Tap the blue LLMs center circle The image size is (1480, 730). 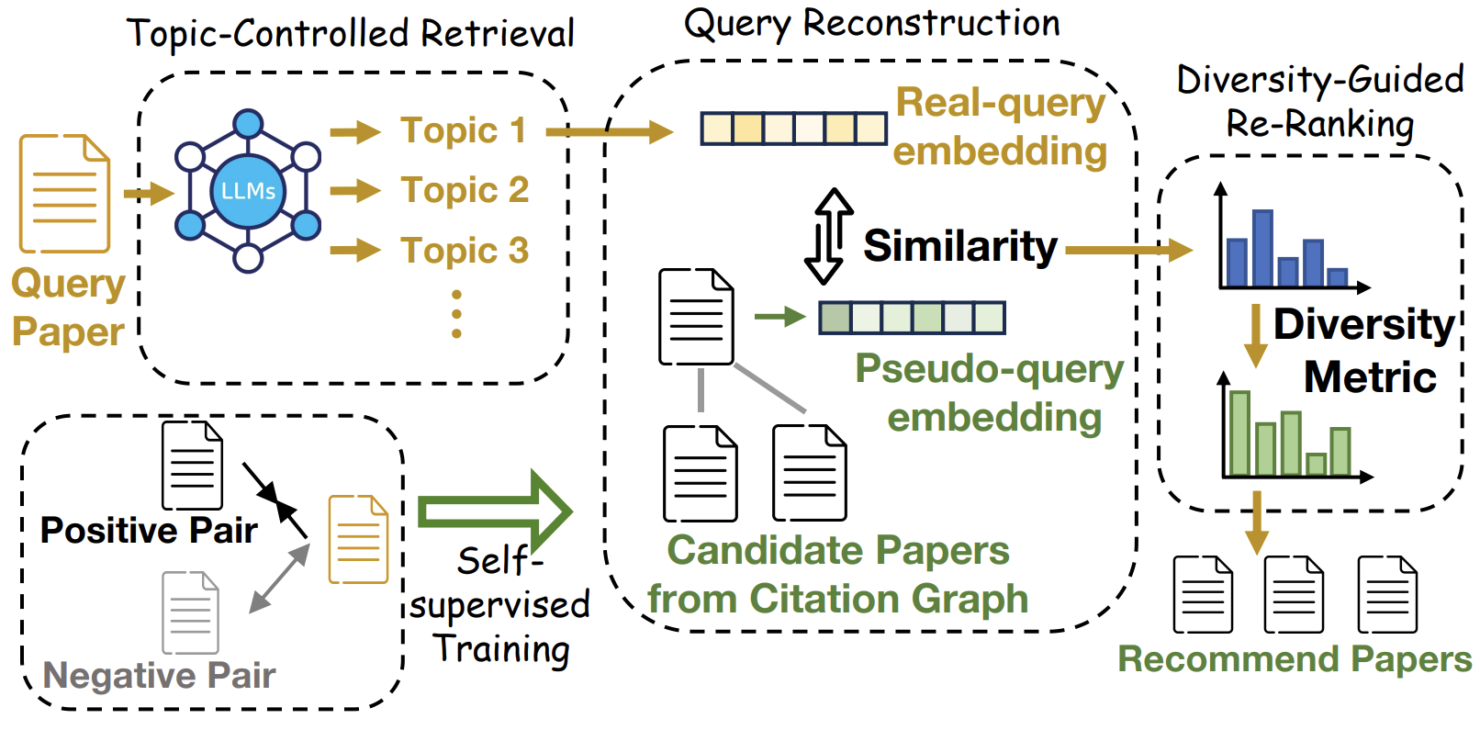click(x=248, y=191)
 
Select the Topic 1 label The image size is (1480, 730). click(x=463, y=130)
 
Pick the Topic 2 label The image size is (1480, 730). click(x=465, y=190)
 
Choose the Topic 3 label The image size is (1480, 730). click(x=465, y=250)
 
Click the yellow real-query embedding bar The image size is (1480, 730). click(x=793, y=129)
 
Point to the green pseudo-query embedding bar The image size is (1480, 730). click(x=912, y=318)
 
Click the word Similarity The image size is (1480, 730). click(x=960, y=246)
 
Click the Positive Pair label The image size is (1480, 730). click(x=149, y=531)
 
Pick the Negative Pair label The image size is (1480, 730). click(x=159, y=676)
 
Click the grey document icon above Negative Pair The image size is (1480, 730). click(x=190, y=612)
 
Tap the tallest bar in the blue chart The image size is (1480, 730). click(x=1262, y=249)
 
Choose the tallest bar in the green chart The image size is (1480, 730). click(x=1239, y=433)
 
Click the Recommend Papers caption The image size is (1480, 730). click(x=1295, y=659)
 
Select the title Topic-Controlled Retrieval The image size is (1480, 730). click(x=351, y=34)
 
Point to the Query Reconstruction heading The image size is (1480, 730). click(x=871, y=23)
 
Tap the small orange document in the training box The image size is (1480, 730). click(x=358, y=539)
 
